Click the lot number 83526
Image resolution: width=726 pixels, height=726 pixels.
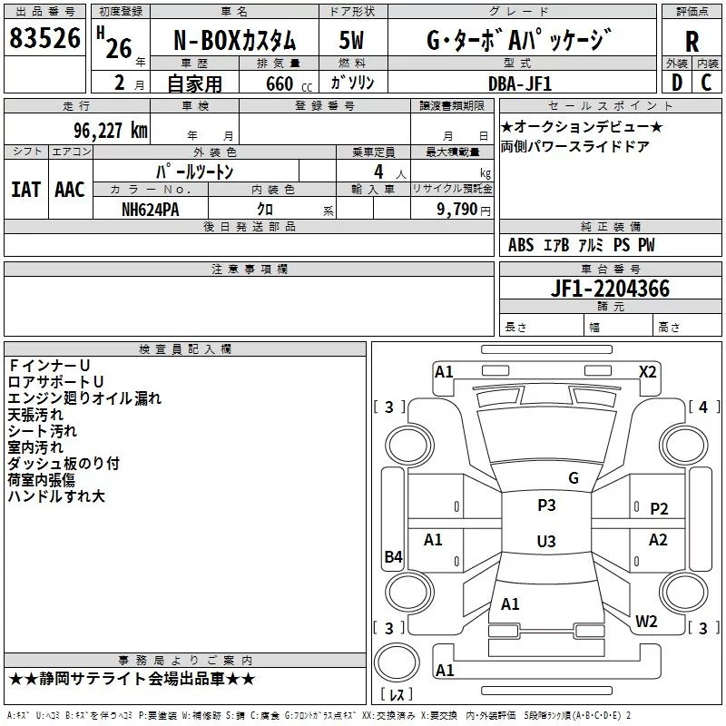45,40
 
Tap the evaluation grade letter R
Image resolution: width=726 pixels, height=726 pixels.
692,42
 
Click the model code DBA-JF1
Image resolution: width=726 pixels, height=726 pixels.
517,83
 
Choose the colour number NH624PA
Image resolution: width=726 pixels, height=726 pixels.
150,208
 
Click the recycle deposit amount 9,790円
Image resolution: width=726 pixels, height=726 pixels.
463,208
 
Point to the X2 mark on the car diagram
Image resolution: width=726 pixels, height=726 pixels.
647,371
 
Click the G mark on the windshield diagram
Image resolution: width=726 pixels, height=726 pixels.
573,477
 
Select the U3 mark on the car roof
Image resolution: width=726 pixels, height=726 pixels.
545,542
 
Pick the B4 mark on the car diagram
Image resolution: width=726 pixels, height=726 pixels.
393,557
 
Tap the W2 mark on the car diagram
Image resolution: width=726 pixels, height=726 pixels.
646,622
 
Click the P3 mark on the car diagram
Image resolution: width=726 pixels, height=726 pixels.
546,505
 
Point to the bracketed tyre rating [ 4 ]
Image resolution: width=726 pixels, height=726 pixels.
703,407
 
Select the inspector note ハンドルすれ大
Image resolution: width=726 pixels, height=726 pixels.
56,496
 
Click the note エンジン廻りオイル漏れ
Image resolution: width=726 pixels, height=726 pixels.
84,397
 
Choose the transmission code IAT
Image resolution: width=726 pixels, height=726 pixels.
25,190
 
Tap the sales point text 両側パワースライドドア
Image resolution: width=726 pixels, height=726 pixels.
575,147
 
